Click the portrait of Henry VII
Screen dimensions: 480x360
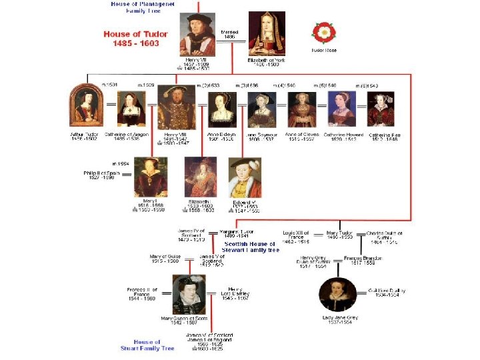coord(197,35)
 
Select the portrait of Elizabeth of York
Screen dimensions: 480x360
coord(267,33)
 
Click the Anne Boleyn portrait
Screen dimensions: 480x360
coord(222,110)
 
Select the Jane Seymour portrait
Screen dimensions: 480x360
coord(261,110)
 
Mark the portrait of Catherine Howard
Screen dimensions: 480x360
coord(342,110)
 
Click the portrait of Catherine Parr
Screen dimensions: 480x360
coord(381,110)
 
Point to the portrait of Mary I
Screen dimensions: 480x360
coord(150,177)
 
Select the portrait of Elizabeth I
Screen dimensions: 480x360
coord(201,177)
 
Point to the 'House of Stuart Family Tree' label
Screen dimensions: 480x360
coord(147,345)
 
